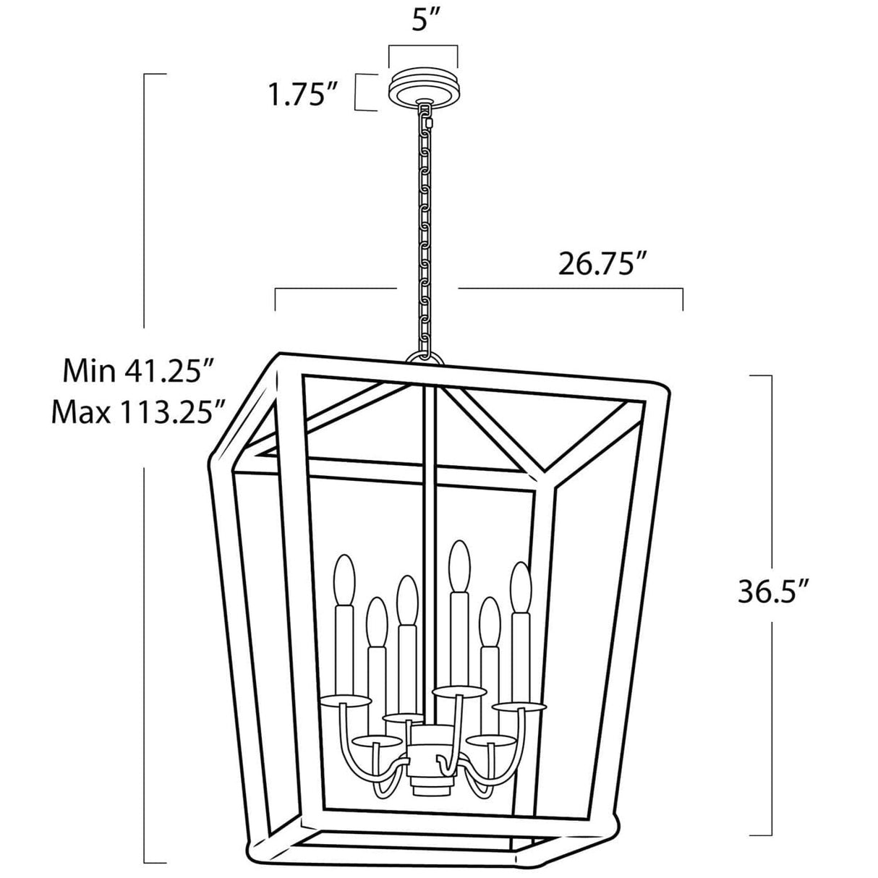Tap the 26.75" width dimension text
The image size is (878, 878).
tap(602, 264)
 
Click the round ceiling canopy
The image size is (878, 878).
tap(424, 88)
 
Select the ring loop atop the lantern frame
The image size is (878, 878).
tap(424, 357)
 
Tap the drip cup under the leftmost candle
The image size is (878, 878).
tap(344, 700)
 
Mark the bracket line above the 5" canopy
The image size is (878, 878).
tap(423, 48)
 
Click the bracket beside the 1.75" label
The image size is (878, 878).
tap(362, 93)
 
